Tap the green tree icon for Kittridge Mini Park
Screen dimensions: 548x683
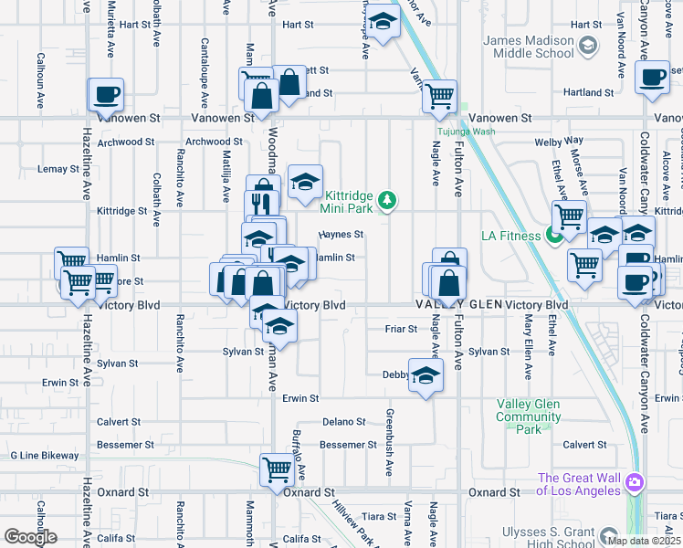point(388,198)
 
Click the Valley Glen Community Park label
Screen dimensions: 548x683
point(529,416)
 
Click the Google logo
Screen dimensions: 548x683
point(30,537)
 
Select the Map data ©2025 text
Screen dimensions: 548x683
point(644,540)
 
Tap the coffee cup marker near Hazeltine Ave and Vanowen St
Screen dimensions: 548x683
point(105,93)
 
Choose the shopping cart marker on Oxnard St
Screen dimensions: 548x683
point(277,469)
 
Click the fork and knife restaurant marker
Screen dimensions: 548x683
point(262,203)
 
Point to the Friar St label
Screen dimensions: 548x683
point(401,329)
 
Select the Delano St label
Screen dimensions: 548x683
point(344,422)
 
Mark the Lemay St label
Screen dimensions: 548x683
point(58,169)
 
